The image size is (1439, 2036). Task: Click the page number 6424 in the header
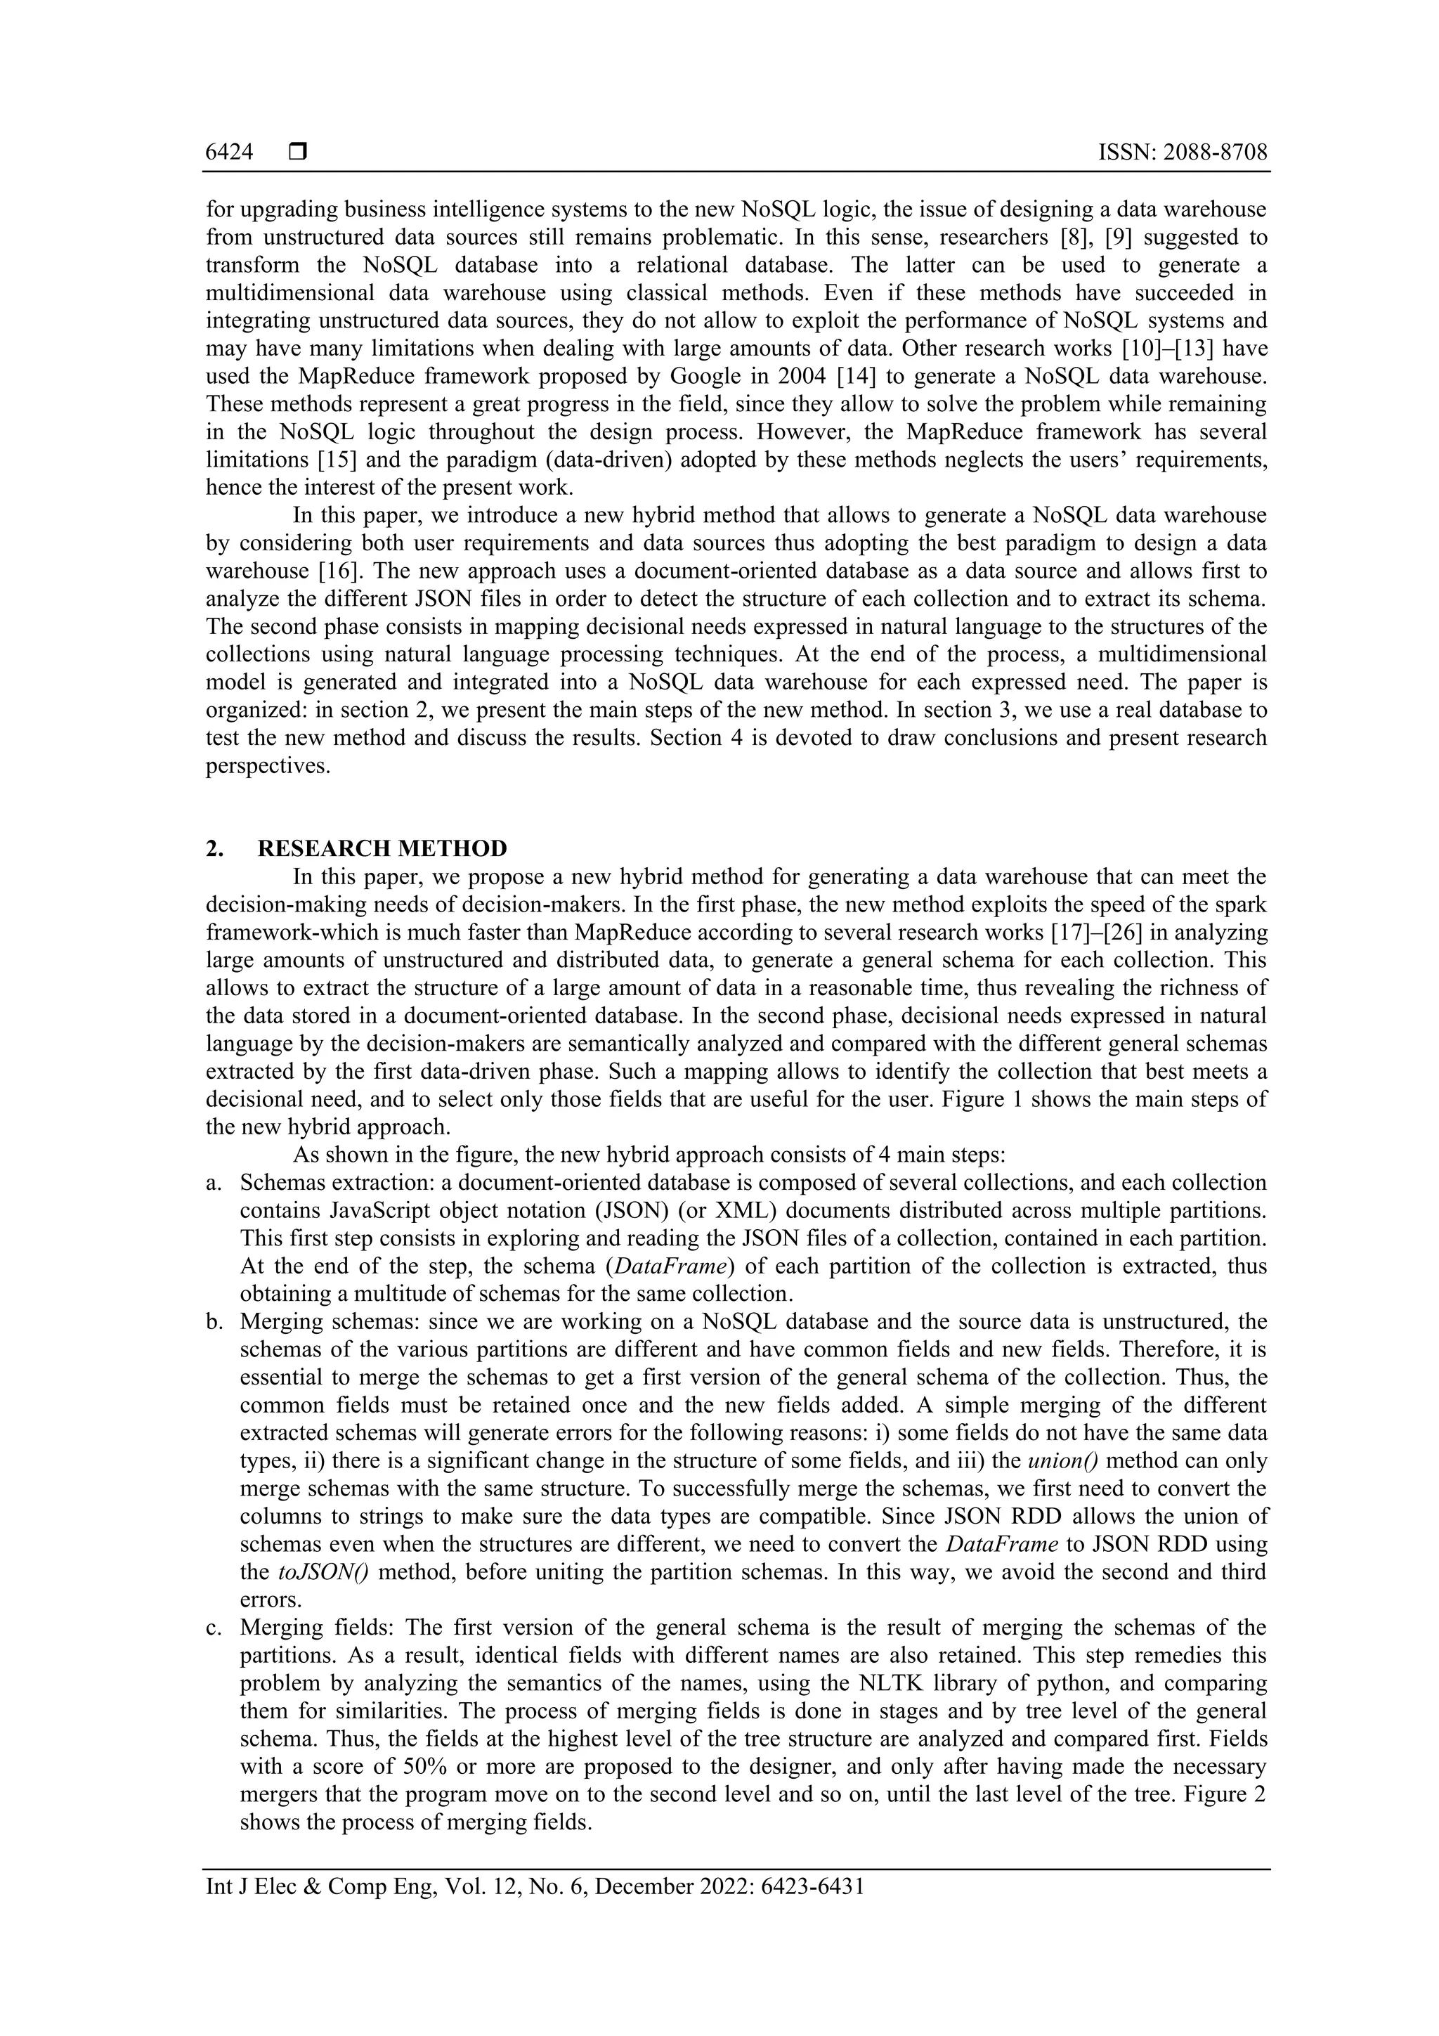pos(229,153)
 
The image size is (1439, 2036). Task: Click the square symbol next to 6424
pos(298,153)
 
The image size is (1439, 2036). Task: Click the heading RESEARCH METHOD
pos(382,849)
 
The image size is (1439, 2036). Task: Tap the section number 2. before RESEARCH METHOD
pos(214,849)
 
